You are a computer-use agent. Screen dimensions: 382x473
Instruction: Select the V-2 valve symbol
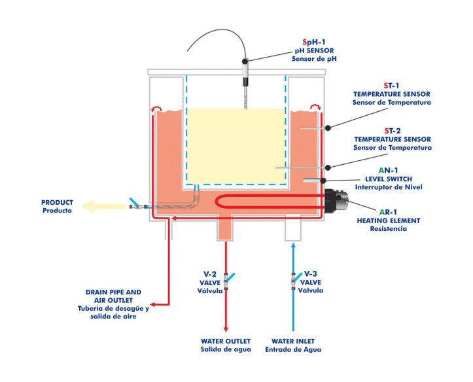(x=226, y=280)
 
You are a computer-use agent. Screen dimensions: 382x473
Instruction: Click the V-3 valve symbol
(x=293, y=280)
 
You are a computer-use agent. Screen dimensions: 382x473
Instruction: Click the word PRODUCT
(x=58, y=202)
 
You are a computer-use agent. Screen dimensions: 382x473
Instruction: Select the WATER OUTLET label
(x=224, y=341)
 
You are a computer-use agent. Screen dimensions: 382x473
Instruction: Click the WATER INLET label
(x=296, y=341)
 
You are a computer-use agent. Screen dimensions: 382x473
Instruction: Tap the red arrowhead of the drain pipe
(x=152, y=304)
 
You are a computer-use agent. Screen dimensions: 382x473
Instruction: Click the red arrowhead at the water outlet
(x=226, y=329)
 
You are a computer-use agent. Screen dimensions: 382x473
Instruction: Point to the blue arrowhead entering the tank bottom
(x=293, y=245)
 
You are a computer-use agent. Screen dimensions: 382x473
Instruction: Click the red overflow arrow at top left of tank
(x=154, y=108)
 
